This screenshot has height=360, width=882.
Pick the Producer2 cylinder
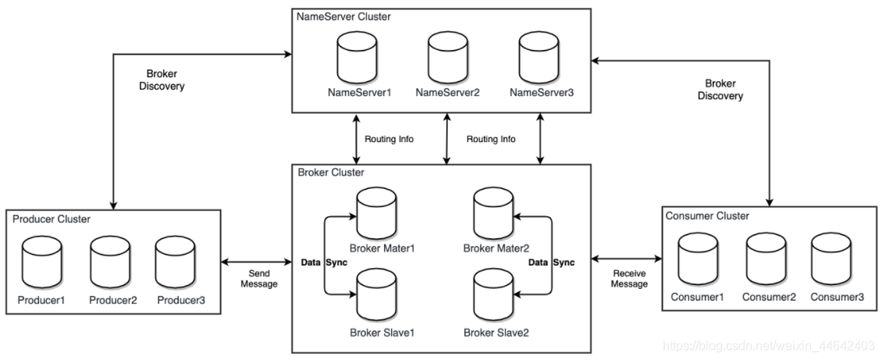click(x=108, y=262)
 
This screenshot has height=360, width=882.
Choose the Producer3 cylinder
click(x=175, y=262)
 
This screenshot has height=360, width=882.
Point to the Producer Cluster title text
click(x=52, y=219)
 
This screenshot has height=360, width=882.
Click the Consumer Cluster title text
click(x=706, y=216)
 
